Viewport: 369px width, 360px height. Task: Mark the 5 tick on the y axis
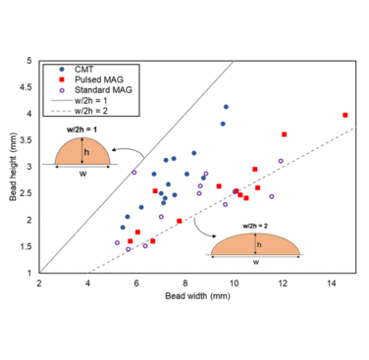point(30,61)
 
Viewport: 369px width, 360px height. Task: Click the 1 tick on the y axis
point(30,273)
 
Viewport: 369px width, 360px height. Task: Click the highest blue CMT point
point(226,107)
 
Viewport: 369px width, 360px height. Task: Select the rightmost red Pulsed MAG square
point(344,115)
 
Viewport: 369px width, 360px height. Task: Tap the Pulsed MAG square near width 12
point(284,134)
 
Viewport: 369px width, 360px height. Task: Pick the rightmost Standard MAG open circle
point(281,161)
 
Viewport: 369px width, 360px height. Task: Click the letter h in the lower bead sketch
point(259,245)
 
